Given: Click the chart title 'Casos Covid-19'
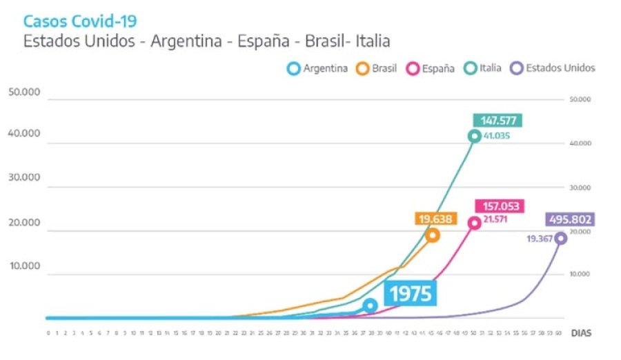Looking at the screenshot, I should pyautogui.click(x=80, y=21).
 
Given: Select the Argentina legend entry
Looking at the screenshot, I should pyautogui.click(x=317, y=68).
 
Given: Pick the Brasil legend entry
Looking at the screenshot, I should pyautogui.click(x=377, y=68).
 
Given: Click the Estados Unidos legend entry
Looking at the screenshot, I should pyautogui.click(x=552, y=68).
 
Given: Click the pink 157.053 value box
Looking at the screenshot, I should pyautogui.click(x=500, y=206).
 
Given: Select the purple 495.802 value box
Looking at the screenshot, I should pyautogui.click(x=571, y=220).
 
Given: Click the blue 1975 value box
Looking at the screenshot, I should pyautogui.click(x=411, y=294).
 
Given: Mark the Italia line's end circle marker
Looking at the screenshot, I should pyautogui.click(x=474, y=136).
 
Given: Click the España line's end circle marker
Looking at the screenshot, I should pyautogui.click(x=474, y=223).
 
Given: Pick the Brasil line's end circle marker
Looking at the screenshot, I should pyautogui.click(x=433, y=235).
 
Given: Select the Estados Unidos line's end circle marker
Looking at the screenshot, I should pyautogui.click(x=561, y=238).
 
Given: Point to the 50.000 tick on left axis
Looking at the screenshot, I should pyautogui.click(x=25, y=92).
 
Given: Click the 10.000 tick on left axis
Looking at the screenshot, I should pyautogui.click(x=25, y=266).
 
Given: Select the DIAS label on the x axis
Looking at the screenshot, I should pyautogui.click(x=580, y=333).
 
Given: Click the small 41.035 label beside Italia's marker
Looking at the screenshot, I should pyautogui.click(x=496, y=136).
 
